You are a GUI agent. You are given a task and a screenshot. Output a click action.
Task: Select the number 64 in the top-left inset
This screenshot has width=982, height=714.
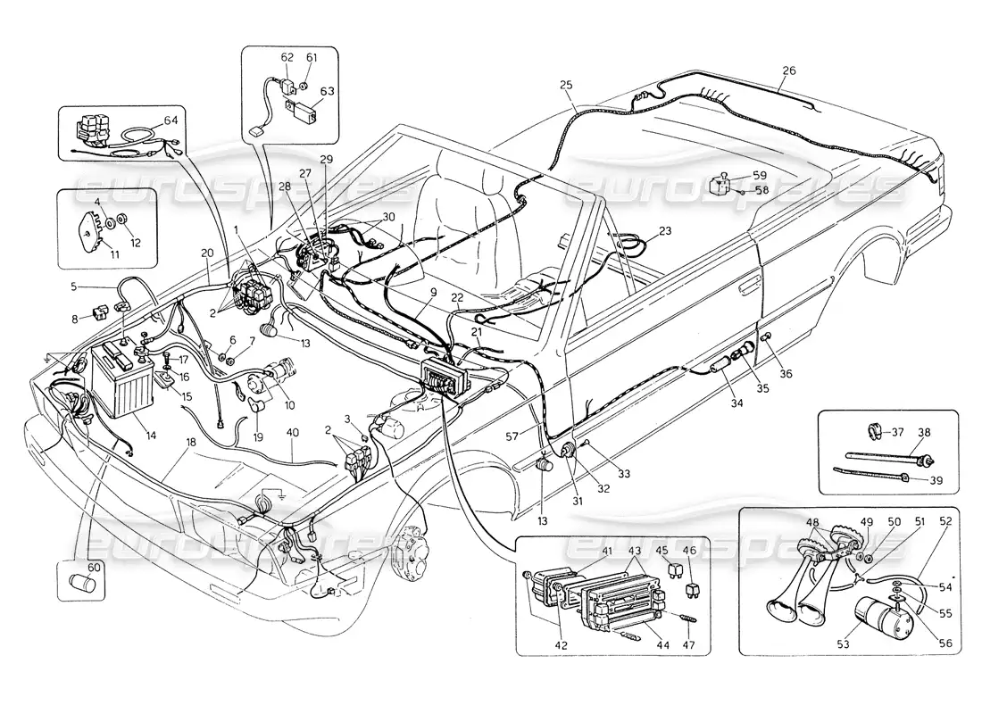tap(171, 122)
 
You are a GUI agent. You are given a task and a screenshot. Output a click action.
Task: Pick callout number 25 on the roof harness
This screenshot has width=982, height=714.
tap(566, 85)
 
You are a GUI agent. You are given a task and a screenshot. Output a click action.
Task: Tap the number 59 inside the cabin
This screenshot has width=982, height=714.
tap(759, 175)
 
